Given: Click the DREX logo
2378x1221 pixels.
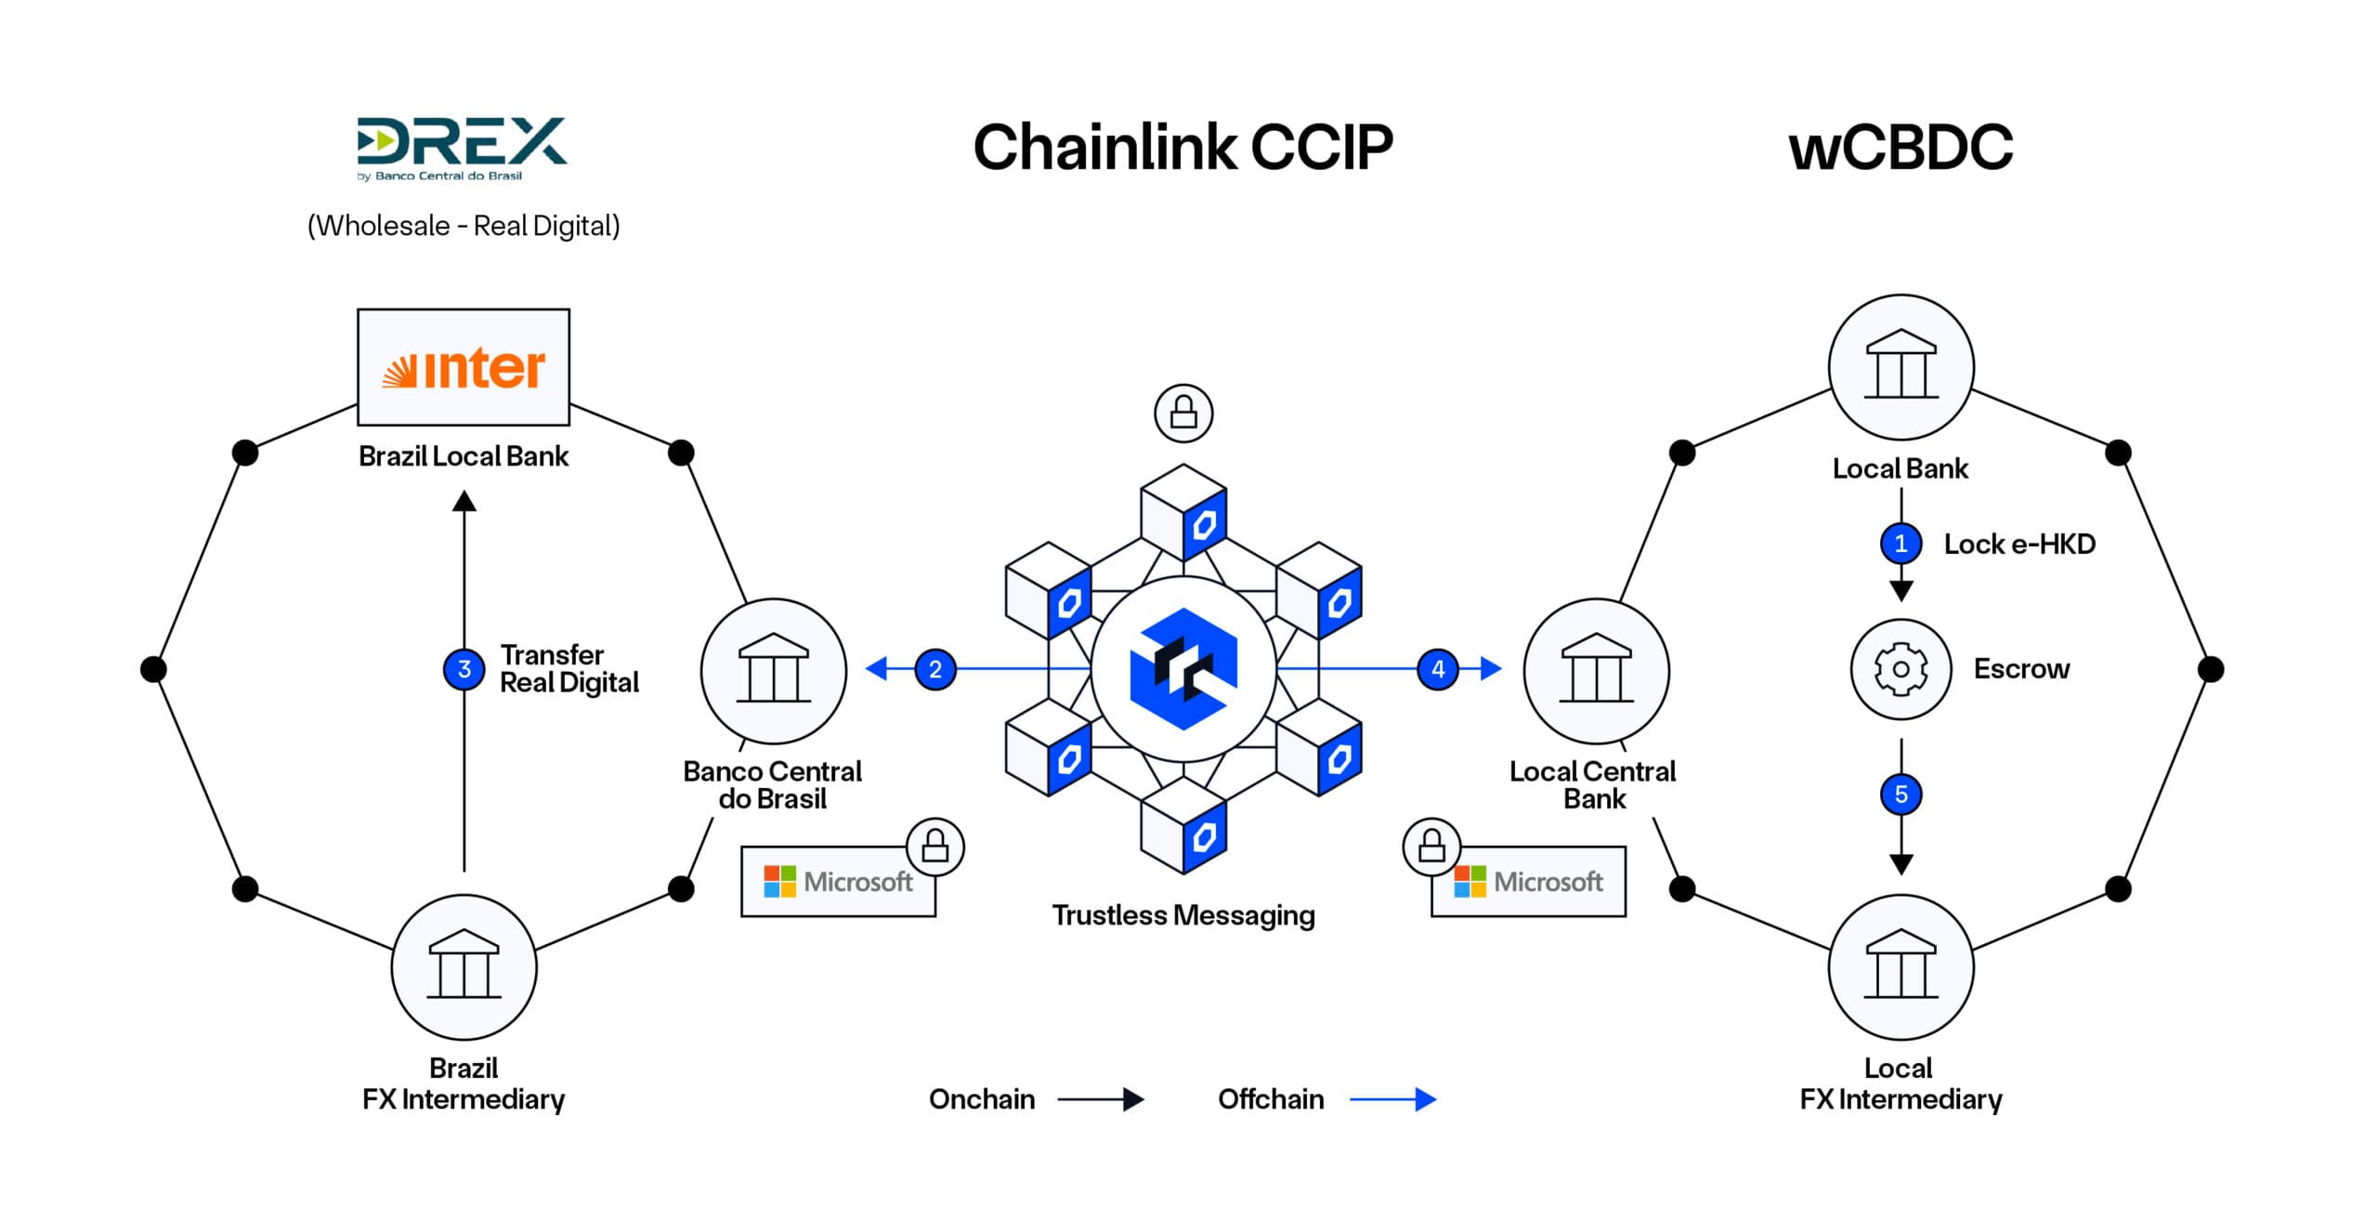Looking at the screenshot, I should pos(462,147).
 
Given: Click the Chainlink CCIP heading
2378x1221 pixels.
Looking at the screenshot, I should pos(1182,148).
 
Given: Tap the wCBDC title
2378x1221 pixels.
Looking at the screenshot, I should pos(1901,148).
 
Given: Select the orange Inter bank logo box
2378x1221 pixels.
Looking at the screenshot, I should pos(464,367).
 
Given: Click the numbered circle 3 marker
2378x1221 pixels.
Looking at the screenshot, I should pos(464,669).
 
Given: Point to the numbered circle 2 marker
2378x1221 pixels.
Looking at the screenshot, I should pos(935,669).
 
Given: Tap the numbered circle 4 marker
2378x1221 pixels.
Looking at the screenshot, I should pos(1438,669).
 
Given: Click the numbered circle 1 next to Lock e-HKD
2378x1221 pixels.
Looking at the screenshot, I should pos(1901,544).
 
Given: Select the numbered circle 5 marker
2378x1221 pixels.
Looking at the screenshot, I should pos(1901,794).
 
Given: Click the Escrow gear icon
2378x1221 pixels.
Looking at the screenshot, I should pos(1901,669).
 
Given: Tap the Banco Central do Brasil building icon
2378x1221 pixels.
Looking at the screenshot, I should pos(774,670).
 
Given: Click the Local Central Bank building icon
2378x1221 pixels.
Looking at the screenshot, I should pos(1596,670).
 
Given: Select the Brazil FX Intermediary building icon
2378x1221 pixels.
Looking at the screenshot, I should pos(464,966).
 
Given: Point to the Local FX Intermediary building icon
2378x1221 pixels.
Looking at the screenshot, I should pos(1901,966).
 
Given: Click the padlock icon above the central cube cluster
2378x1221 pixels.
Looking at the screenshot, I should pos(1183,413).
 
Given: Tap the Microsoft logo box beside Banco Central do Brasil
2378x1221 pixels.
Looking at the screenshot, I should pos(838,881).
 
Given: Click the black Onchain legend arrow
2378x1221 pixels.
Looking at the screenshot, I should pos(1101,1099).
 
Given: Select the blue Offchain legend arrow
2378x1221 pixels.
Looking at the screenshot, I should pos(1392,1099).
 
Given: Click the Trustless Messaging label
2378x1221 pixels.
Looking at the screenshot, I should pos(1183,915).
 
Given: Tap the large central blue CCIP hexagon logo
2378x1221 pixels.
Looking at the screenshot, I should pos(1183,669).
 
